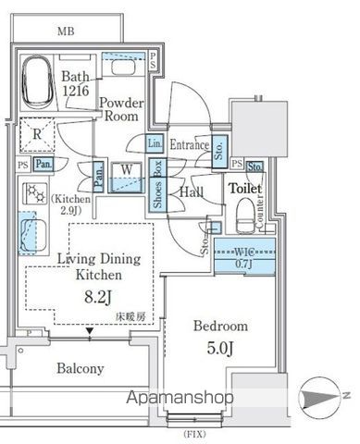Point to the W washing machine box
[126, 172]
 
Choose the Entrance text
[189, 145]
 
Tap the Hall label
[192, 192]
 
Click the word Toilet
[246, 189]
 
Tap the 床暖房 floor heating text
[130, 315]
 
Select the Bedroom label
[220, 327]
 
